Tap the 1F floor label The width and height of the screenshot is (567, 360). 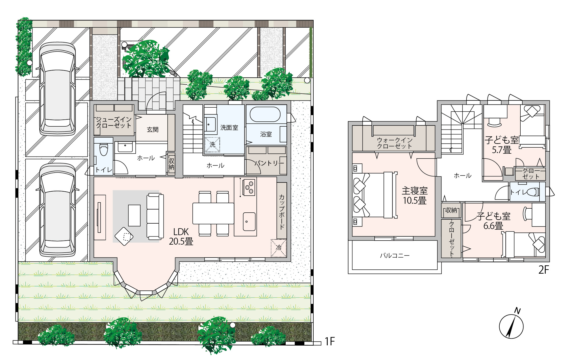click(x=330, y=341)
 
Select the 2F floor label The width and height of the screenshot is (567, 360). click(x=544, y=270)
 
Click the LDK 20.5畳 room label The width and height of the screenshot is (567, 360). click(x=181, y=237)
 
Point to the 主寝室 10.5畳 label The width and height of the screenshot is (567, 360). click(x=415, y=196)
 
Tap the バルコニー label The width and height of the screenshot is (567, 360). click(x=395, y=256)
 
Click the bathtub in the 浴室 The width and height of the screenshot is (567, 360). click(x=265, y=115)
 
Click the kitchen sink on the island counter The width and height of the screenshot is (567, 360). click(x=249, y=222)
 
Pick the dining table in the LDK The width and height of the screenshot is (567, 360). click(x=213, y=213)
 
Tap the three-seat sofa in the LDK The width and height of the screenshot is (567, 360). click(x=155, y=216)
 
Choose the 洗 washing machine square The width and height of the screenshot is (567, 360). click(x=212, y=145)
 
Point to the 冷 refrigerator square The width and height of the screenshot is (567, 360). click(x=278, y=248)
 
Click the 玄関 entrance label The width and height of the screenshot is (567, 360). click(x=153, y=129)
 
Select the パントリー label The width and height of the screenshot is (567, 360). click(x=269, y=163)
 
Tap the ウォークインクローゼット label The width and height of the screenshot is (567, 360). click(x=395, y=143)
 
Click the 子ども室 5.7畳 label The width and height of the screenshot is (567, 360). click(x=502, y=145)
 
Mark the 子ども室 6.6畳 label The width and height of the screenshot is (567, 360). click(x=494, y=221)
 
